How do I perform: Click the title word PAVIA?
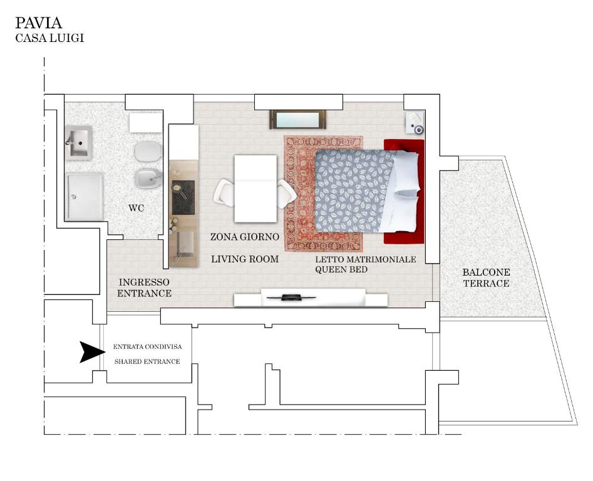point(38,23)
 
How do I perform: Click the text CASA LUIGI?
point(49,38)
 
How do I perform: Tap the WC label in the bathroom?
point(136,208)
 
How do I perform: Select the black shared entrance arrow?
point(92,352)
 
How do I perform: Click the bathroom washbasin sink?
point(78,143)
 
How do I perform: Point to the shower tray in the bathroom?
point(85,196)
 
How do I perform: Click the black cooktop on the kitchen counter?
point(183,197)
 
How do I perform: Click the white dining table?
point(255,189)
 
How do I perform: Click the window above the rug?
point(297,120)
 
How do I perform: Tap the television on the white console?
point(291,297)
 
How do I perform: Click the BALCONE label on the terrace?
point(486,272)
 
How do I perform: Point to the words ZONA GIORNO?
point(245,237)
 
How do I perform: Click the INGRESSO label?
point(144,282)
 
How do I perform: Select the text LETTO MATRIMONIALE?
point(365,259)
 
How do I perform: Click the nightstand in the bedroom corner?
point(415,123)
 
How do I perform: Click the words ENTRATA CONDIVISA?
point(148,347)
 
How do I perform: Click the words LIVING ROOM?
point(245,259)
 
